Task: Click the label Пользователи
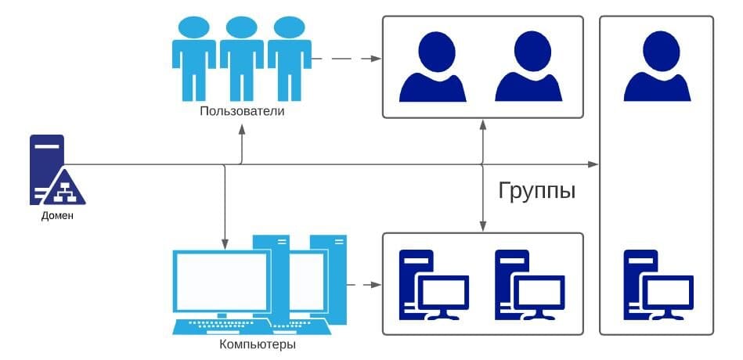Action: pyautogui.click(x=241, y=111)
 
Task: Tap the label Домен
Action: pyautogui.click(x=57, y=215)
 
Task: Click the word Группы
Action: pyautogui.click(x=537, y=190)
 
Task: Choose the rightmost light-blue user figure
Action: pyautogui.click(x=289, y=59)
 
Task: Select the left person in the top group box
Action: pyautogui.click(x=432, y=67)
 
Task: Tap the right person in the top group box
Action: pyautogui.click(x=528, y=67)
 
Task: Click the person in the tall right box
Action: pyautogui.click(x=658, y=67)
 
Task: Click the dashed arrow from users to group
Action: pyautogui.click(x=344, y=59)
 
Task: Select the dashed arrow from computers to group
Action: pyautogui.click(x=362, y=284)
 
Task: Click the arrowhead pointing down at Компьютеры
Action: pyautogui.click(x=225, y=240)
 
